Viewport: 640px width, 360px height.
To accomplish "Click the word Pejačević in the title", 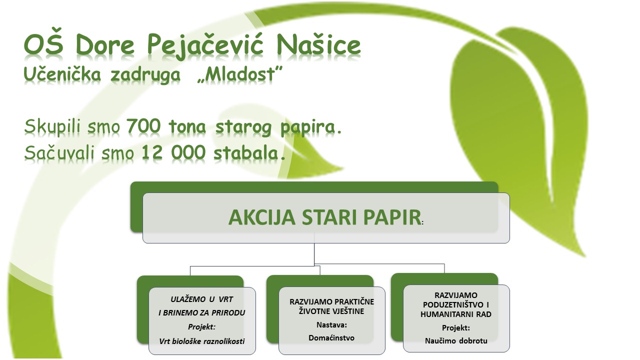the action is (x=205, y=45).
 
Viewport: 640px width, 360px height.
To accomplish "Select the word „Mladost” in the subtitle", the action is (x=239, y=74).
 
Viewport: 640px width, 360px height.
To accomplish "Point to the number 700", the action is (x=143, y=126).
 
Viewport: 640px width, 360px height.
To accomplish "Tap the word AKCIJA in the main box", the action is (x=262, y=217).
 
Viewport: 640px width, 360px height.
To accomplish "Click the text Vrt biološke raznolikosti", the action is (x=202, y=341).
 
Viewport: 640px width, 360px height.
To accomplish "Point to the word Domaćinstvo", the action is (x=331, y=337).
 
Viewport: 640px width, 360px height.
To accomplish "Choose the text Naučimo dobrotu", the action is (x=456, y=340).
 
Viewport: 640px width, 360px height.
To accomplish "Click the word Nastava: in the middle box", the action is (x=331, y=325).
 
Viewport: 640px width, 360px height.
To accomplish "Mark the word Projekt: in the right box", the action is (x=456, y=327).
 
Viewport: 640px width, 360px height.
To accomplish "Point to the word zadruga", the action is (x=145, y=75).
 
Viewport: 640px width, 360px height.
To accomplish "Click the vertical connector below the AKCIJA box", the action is (x=314, y=254).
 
